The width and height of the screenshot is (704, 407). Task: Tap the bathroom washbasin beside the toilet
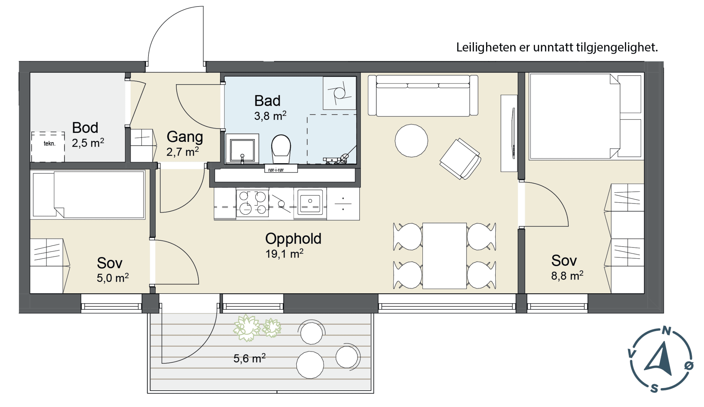coord(242,149)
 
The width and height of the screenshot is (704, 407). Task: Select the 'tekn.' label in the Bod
coord(49,144)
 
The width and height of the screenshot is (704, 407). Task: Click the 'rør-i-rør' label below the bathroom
coord(276,170)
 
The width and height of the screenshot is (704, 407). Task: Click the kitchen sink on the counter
coord(310,203)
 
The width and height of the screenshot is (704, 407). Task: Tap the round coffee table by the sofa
coord(411,141)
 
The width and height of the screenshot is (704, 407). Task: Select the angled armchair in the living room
coord(460,159)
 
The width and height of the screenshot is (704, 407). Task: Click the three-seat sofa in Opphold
coord(423,95)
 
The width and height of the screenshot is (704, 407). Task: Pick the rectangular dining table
coord(444,256)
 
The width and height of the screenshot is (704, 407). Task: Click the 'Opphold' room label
coord(293,239)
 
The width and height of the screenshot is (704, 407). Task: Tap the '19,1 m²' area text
coord(284,253)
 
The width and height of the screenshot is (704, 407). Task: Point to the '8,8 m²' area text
coord(567,275)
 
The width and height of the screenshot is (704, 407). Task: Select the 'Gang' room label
coord(185,137)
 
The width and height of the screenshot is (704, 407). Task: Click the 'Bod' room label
coord(85,128)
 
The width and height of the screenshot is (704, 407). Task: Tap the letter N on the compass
coord(667,331)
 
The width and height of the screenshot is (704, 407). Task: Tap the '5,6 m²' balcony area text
coord(250,358)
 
